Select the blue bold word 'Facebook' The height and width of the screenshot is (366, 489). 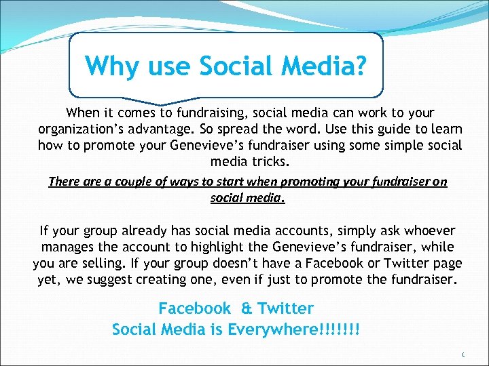coord(195,309)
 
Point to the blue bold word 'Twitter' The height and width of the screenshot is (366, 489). coord(285,309)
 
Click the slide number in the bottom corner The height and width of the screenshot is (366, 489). coord(462,354)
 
